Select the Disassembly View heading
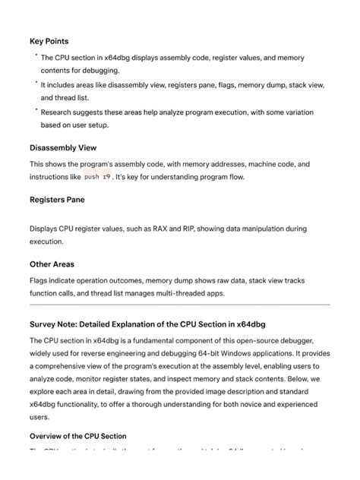point(74,147)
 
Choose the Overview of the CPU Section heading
point(77,436)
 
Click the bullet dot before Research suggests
point(35,109)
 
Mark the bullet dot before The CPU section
point(35,55)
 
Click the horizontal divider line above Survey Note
point(180,305)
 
